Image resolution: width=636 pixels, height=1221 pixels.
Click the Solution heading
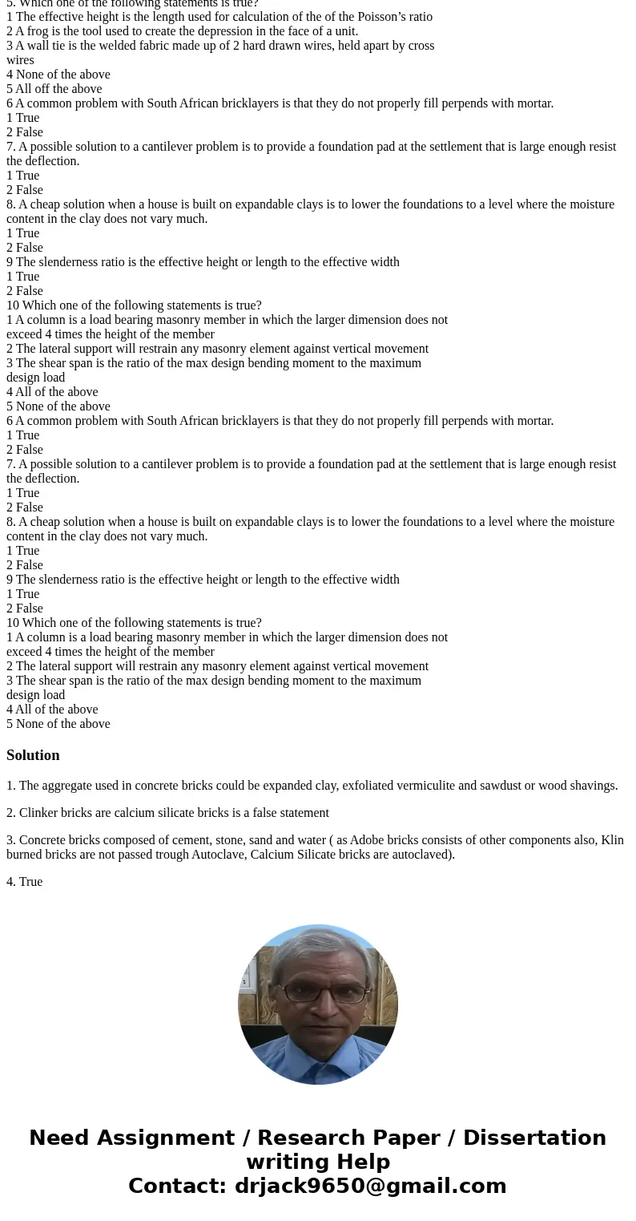pyautogui.click(x=33, y=755)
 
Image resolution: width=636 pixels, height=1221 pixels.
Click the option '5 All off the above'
pyautogui.click(x=54, y=89)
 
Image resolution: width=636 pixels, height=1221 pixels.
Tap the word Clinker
pyautogui.click(x=39, y=813)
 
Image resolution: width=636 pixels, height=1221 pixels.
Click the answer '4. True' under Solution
pyautogui.click(x=24, y=882)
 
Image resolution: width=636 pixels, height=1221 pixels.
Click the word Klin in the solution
pyautogui.click(x=612, y=840)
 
